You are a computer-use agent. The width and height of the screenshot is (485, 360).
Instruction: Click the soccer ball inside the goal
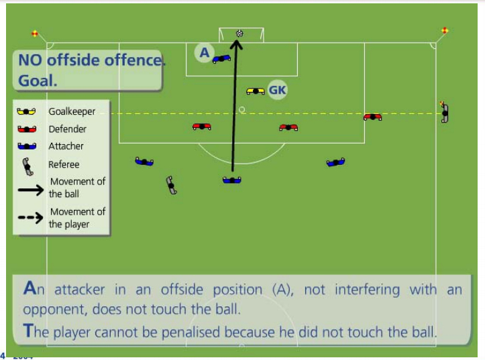click(x=239, y=34)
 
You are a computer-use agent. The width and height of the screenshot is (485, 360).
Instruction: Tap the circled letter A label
click(x=204, y=53)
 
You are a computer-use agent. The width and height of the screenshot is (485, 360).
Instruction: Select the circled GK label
click(x=277, y=90)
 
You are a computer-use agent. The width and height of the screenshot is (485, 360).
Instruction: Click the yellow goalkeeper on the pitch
click(x=256, y=91)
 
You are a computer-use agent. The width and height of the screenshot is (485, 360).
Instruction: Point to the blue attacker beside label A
click(x=221, y=58)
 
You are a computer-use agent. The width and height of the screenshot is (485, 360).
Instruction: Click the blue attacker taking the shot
click(x=232, y=180)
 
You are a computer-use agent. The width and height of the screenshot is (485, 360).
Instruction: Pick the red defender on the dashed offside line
click(x=372, y=117)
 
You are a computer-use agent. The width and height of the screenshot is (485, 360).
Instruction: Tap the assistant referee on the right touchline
click(x=445, y=112)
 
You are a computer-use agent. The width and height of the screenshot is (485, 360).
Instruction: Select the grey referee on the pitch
click(x=171, y=186)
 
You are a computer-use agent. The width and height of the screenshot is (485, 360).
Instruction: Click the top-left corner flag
click(x=35, y=34)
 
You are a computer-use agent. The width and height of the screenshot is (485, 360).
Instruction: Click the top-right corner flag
click(x=445, y=30)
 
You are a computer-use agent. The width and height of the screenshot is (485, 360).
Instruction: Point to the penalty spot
click(x=242, y=109)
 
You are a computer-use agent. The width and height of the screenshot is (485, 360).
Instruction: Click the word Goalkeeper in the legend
click(x=72, y=111)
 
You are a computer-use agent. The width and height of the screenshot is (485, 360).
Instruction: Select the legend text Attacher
click(x=66, y=146)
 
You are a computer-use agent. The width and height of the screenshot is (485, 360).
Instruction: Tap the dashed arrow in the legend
click(x=30, y=218)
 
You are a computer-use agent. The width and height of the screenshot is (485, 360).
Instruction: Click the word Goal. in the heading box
click(x=38, y=81)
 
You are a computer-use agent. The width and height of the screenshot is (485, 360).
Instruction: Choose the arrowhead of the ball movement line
click(x=237, y=44)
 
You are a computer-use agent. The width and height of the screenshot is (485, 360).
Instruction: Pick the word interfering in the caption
click(x=367, y=290)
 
